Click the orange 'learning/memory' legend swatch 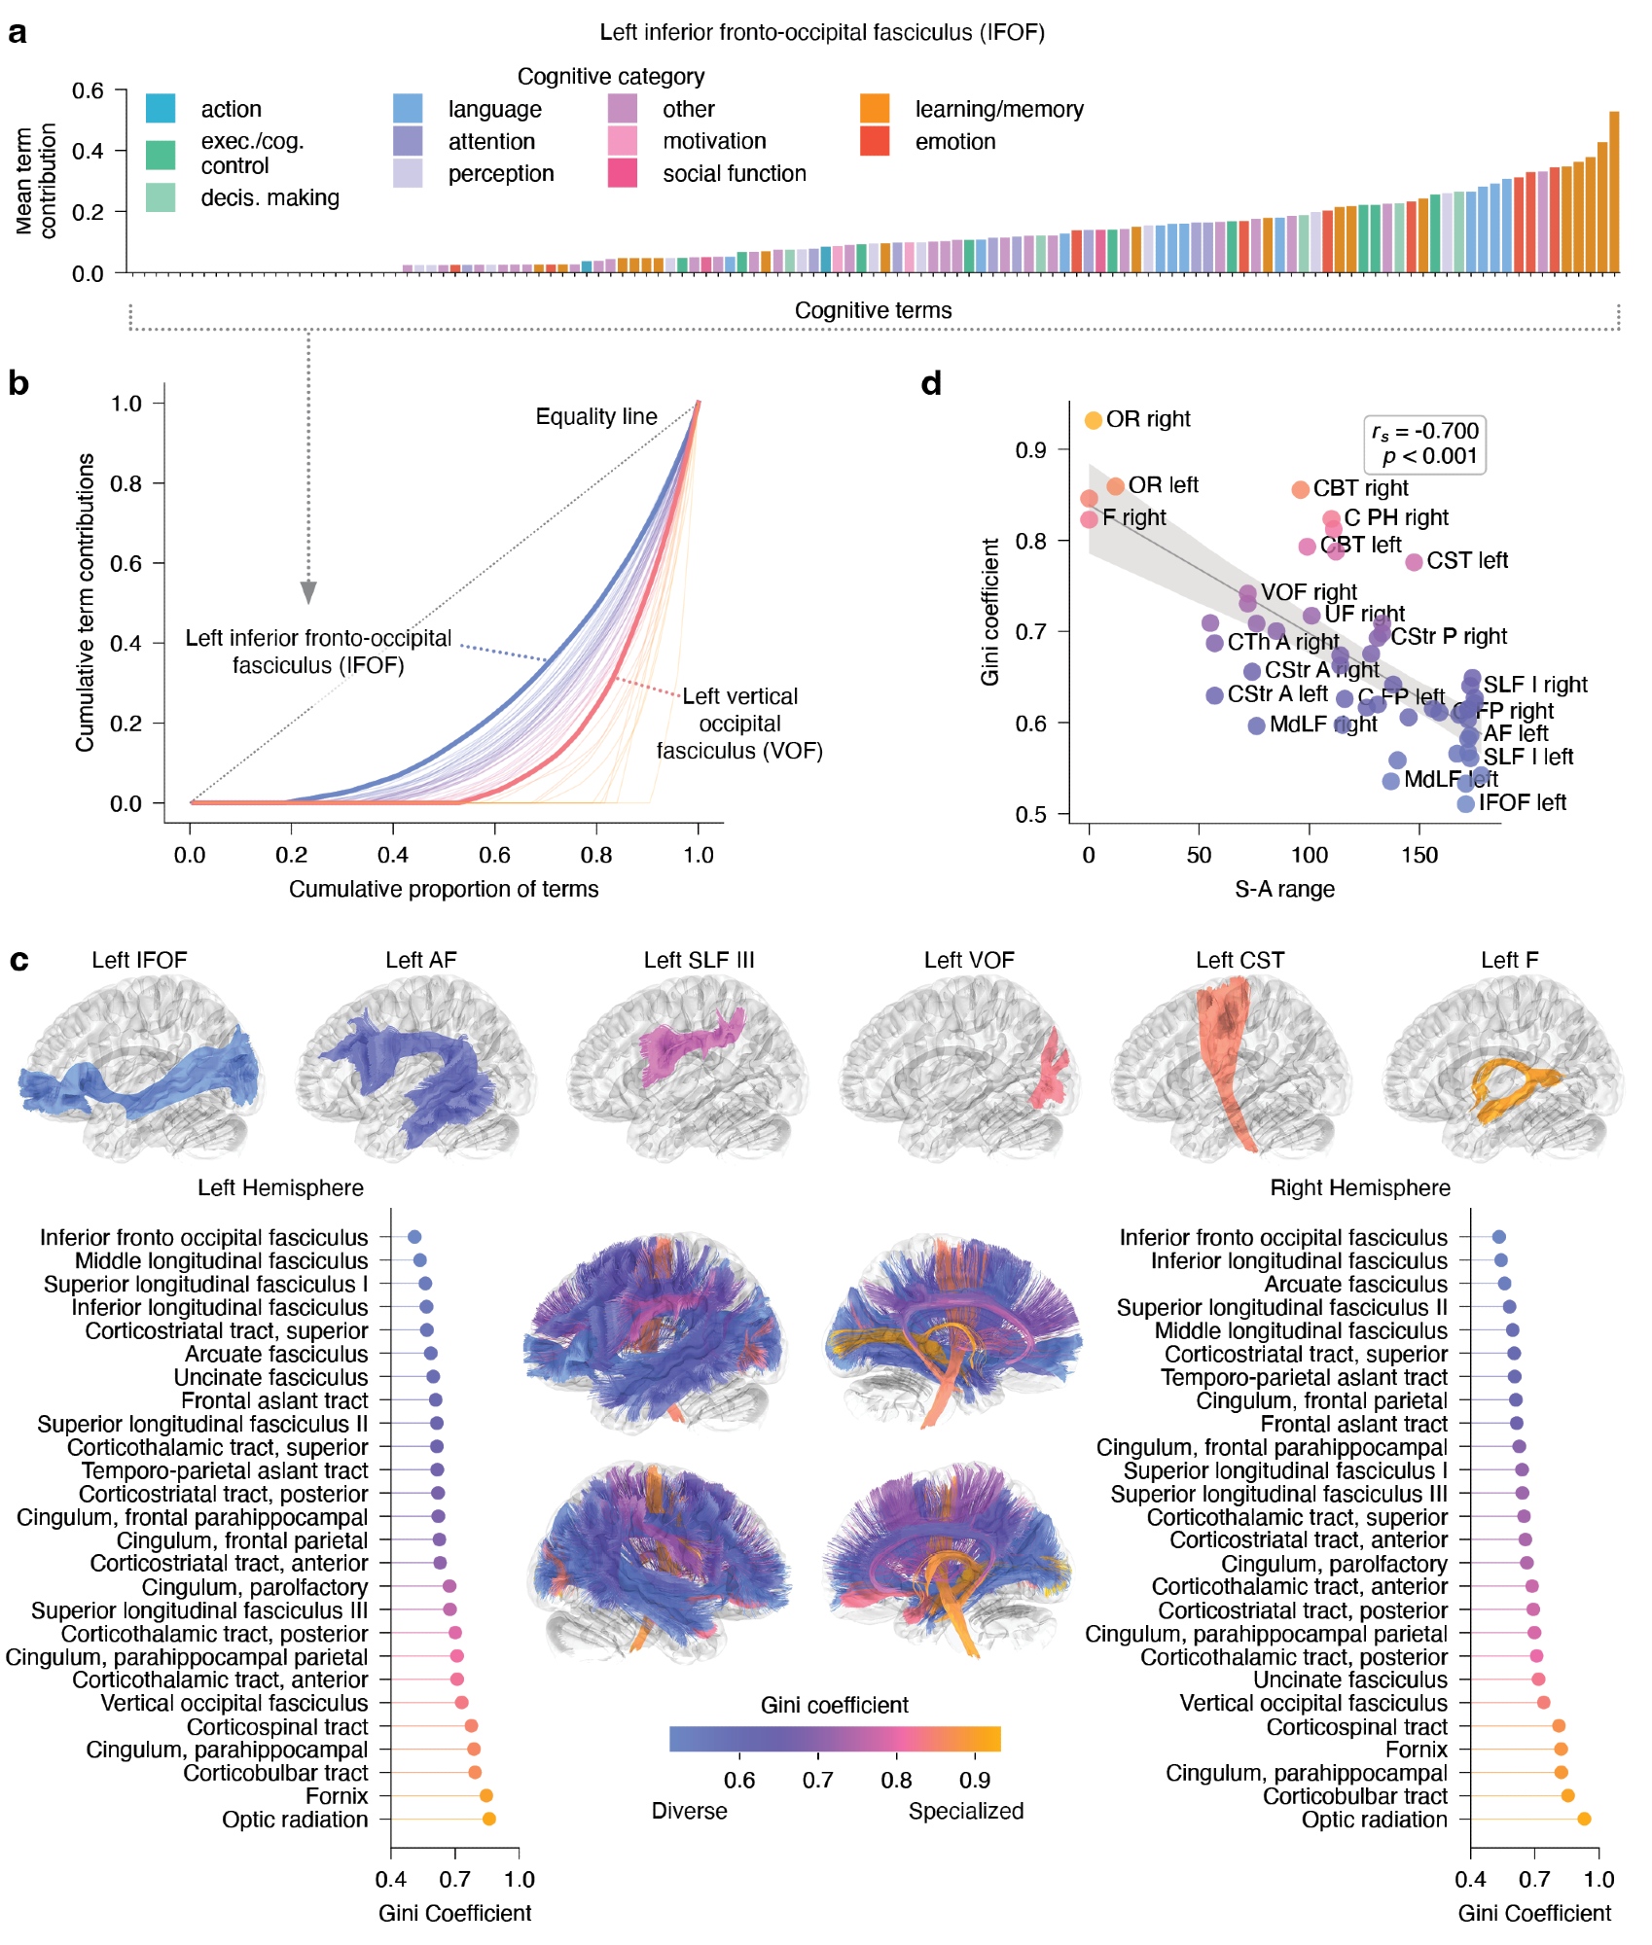tap(875, 108)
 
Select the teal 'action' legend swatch tap(161, 108)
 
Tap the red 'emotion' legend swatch tap(875, 141)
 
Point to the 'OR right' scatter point tap(1093, 420)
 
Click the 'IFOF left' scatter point tap(1465, 803)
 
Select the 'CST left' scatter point tap(1414, 561)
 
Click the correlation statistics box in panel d tap(1424, 443)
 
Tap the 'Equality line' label tap(595, 416)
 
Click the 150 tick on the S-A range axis tap(1419, 855)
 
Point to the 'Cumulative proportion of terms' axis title tap(444, 889)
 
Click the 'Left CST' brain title tap(1239, 960)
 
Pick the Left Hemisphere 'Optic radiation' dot tap(488, 1819)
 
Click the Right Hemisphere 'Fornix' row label tap(1416, 1750)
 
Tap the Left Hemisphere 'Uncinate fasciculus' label tap(270, 1377)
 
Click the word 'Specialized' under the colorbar tap(965, 1811)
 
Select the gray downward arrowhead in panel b tap(308, 592)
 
